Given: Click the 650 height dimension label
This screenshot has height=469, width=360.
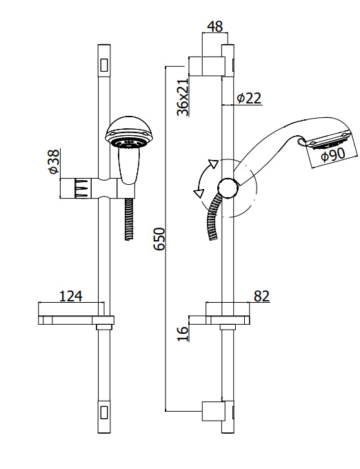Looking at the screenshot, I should pos(159,239).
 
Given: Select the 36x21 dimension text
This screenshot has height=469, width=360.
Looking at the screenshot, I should pos(183,97).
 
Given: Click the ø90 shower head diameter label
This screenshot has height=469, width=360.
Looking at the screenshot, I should pos(332,156).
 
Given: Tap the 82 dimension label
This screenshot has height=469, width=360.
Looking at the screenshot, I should pos(261,296).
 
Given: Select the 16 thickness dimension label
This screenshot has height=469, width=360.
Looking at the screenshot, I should pos(183,334).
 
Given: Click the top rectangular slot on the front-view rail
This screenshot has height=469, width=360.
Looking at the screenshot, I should pos(104,64).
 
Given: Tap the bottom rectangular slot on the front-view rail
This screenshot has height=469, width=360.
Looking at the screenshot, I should pos(104,412).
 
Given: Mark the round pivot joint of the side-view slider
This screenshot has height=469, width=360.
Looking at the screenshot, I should pos(228,187).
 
